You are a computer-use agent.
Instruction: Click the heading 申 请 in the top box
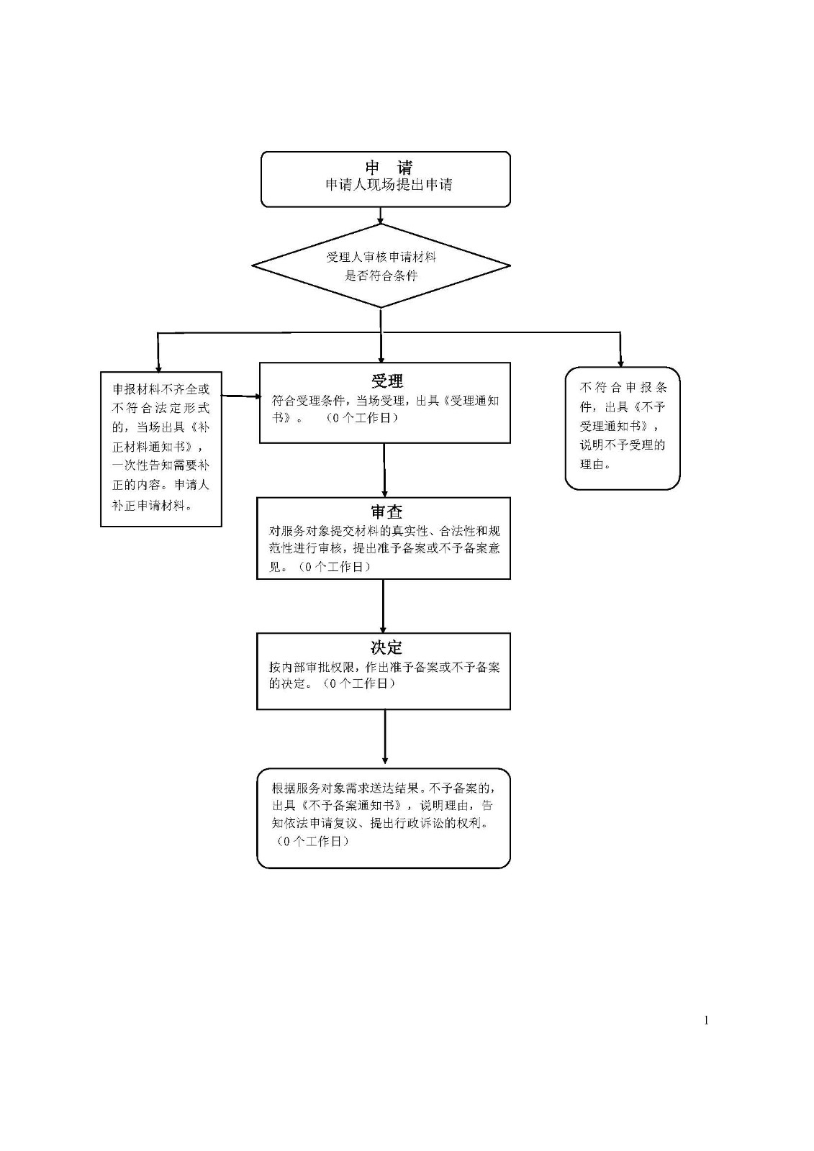389,168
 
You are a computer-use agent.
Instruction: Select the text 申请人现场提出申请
389,185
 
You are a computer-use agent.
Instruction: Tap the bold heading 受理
386,381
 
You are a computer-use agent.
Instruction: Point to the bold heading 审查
386,511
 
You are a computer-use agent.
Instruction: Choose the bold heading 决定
386,647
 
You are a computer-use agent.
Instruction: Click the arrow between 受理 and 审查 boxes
384,470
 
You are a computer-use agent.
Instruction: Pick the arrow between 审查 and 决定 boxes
383,606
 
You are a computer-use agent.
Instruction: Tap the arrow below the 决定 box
384,737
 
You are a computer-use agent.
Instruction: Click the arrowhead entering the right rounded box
620,363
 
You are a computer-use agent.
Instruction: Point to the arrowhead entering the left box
158,368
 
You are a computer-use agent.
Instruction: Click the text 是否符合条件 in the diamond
381,276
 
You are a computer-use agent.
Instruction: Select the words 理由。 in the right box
595,464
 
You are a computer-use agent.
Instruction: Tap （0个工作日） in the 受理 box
361,418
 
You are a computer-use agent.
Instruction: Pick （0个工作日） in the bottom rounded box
312,841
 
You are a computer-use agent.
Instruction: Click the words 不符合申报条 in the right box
623,388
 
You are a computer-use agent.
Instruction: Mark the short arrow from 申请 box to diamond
381,216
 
